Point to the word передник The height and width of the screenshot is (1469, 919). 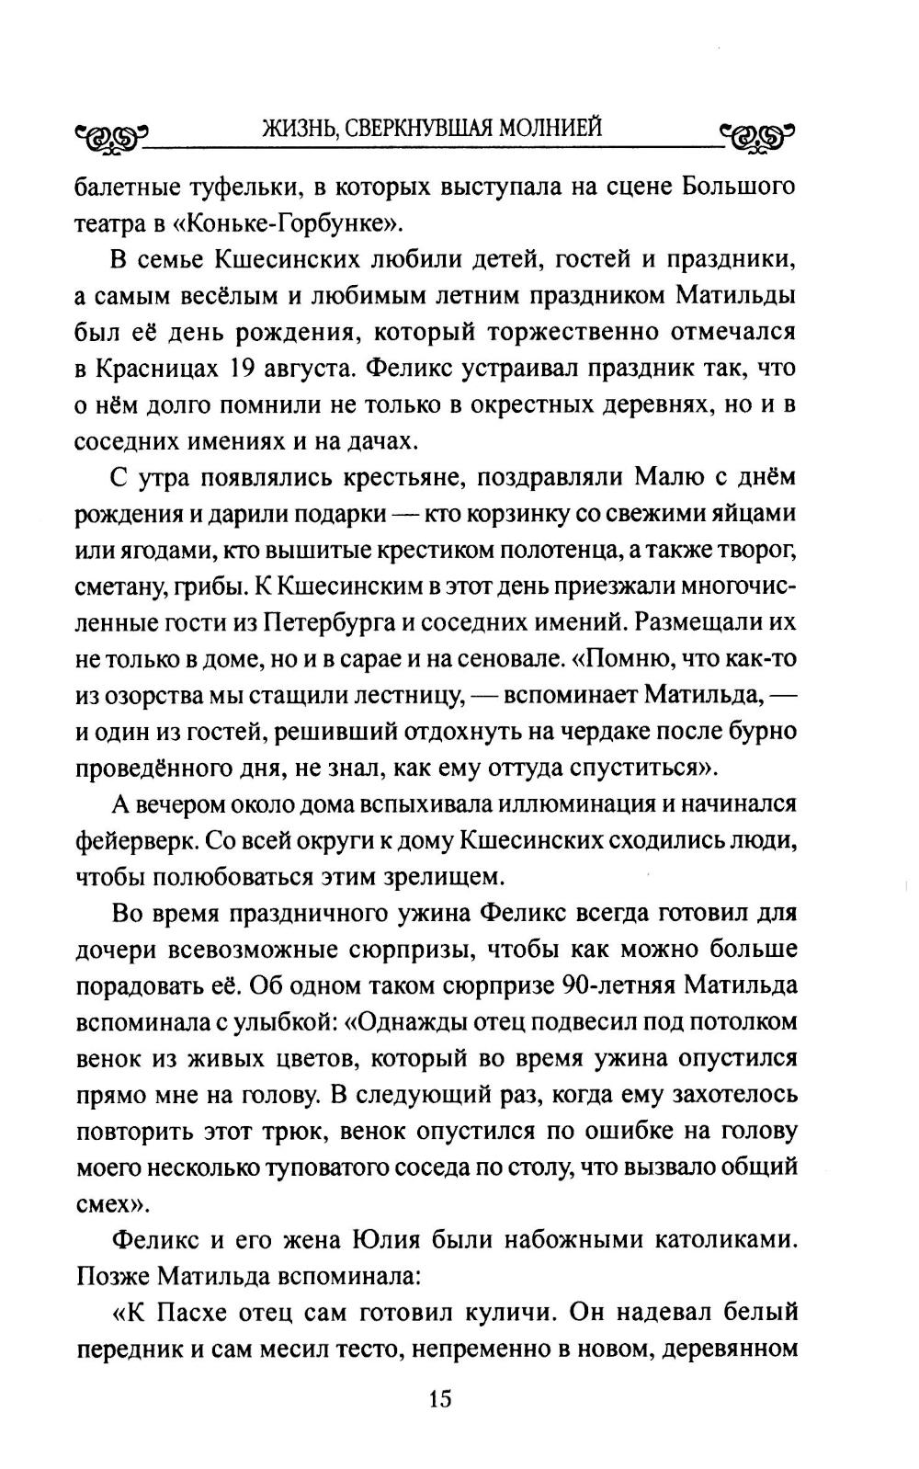pos(124,1349)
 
